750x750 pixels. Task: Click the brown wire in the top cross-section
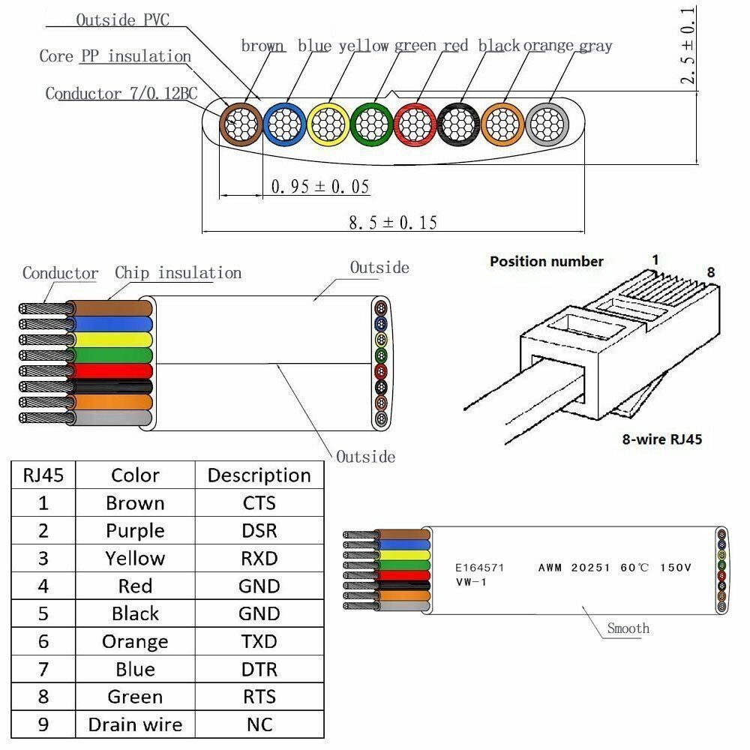240,122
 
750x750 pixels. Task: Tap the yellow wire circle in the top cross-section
328,122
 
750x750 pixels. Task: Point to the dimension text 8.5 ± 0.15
392,222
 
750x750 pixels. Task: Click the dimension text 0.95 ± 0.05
320,187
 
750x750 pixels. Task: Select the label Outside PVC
122,20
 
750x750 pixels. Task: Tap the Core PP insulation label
115,56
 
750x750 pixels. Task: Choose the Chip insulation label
178,273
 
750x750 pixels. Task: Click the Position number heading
546,262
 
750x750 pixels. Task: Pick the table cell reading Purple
135,530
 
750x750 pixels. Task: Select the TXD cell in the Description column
259,641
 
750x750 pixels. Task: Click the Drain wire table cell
135,724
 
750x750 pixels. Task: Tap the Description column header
259,475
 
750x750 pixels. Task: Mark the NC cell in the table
259,724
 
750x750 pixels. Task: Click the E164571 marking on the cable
480,568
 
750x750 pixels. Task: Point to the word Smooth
628,628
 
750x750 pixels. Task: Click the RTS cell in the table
259,697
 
